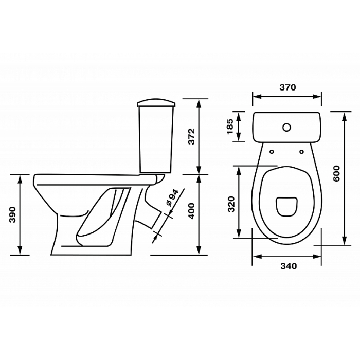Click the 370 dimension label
[x=287, y=87]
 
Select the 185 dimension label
[x=230, y=127]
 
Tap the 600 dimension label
[x=336, y=173]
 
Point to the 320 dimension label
[x=231, y=204]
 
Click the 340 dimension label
[x=289, y=266]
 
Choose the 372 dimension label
[x=191, y=136]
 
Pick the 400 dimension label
[x=191, y=211]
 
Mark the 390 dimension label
[x=12, y=214]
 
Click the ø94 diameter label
[x=172, y=197]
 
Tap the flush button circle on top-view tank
[x=287, y=128]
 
